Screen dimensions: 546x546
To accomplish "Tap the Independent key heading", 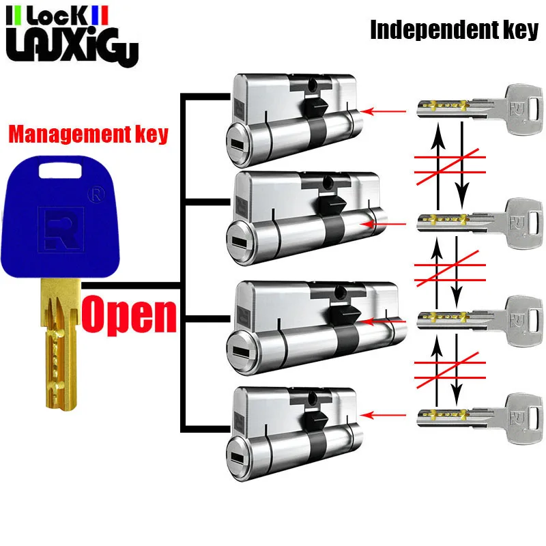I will tap(454, 31).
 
